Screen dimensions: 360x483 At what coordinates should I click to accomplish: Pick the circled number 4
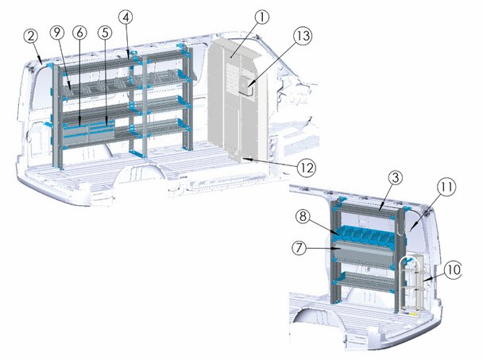[126, 17]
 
